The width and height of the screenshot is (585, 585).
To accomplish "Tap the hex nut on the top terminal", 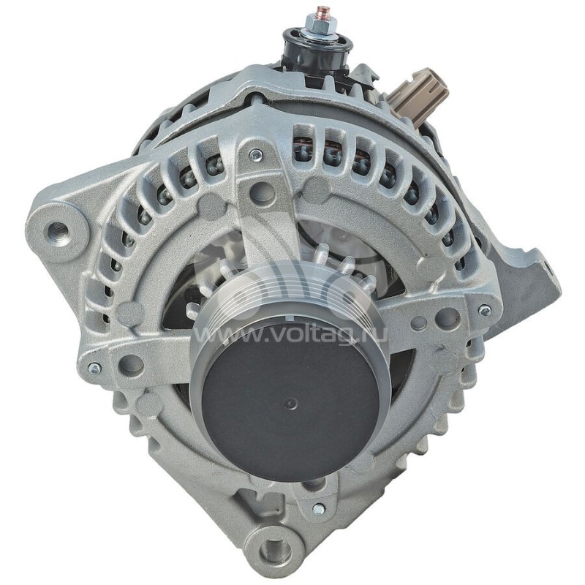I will coord(320,28).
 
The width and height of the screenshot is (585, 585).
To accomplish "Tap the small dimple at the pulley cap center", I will coord(290,403).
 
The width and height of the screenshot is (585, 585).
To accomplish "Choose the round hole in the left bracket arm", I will coord(132,364).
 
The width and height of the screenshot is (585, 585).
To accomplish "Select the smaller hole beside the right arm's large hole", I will coord(419,322).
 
